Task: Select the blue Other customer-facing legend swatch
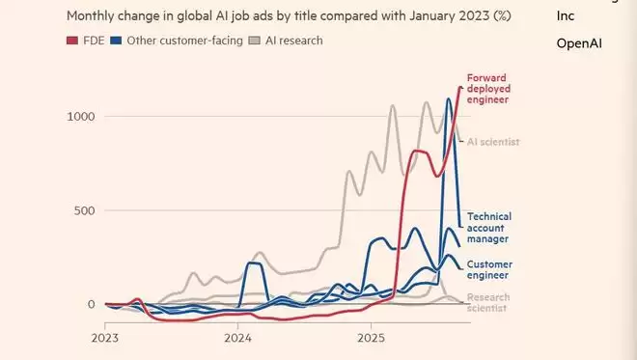118,41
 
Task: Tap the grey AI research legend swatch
256,41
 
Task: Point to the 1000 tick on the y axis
81,117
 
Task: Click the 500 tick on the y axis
85,210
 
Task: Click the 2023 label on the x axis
105,339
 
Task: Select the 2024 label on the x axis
238,339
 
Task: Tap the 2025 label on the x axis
372,339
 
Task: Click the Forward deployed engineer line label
487,89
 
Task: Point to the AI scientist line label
493,142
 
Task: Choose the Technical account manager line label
488,227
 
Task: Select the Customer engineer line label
489,269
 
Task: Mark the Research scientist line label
488,303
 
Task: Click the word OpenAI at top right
579,43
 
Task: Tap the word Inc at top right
566,16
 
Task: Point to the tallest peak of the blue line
449,98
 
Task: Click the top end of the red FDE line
459,88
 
